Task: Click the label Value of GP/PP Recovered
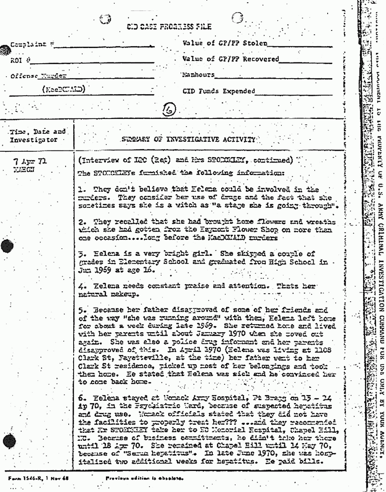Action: (x=231, y=59)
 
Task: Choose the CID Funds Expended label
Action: (x=219, y=92)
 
